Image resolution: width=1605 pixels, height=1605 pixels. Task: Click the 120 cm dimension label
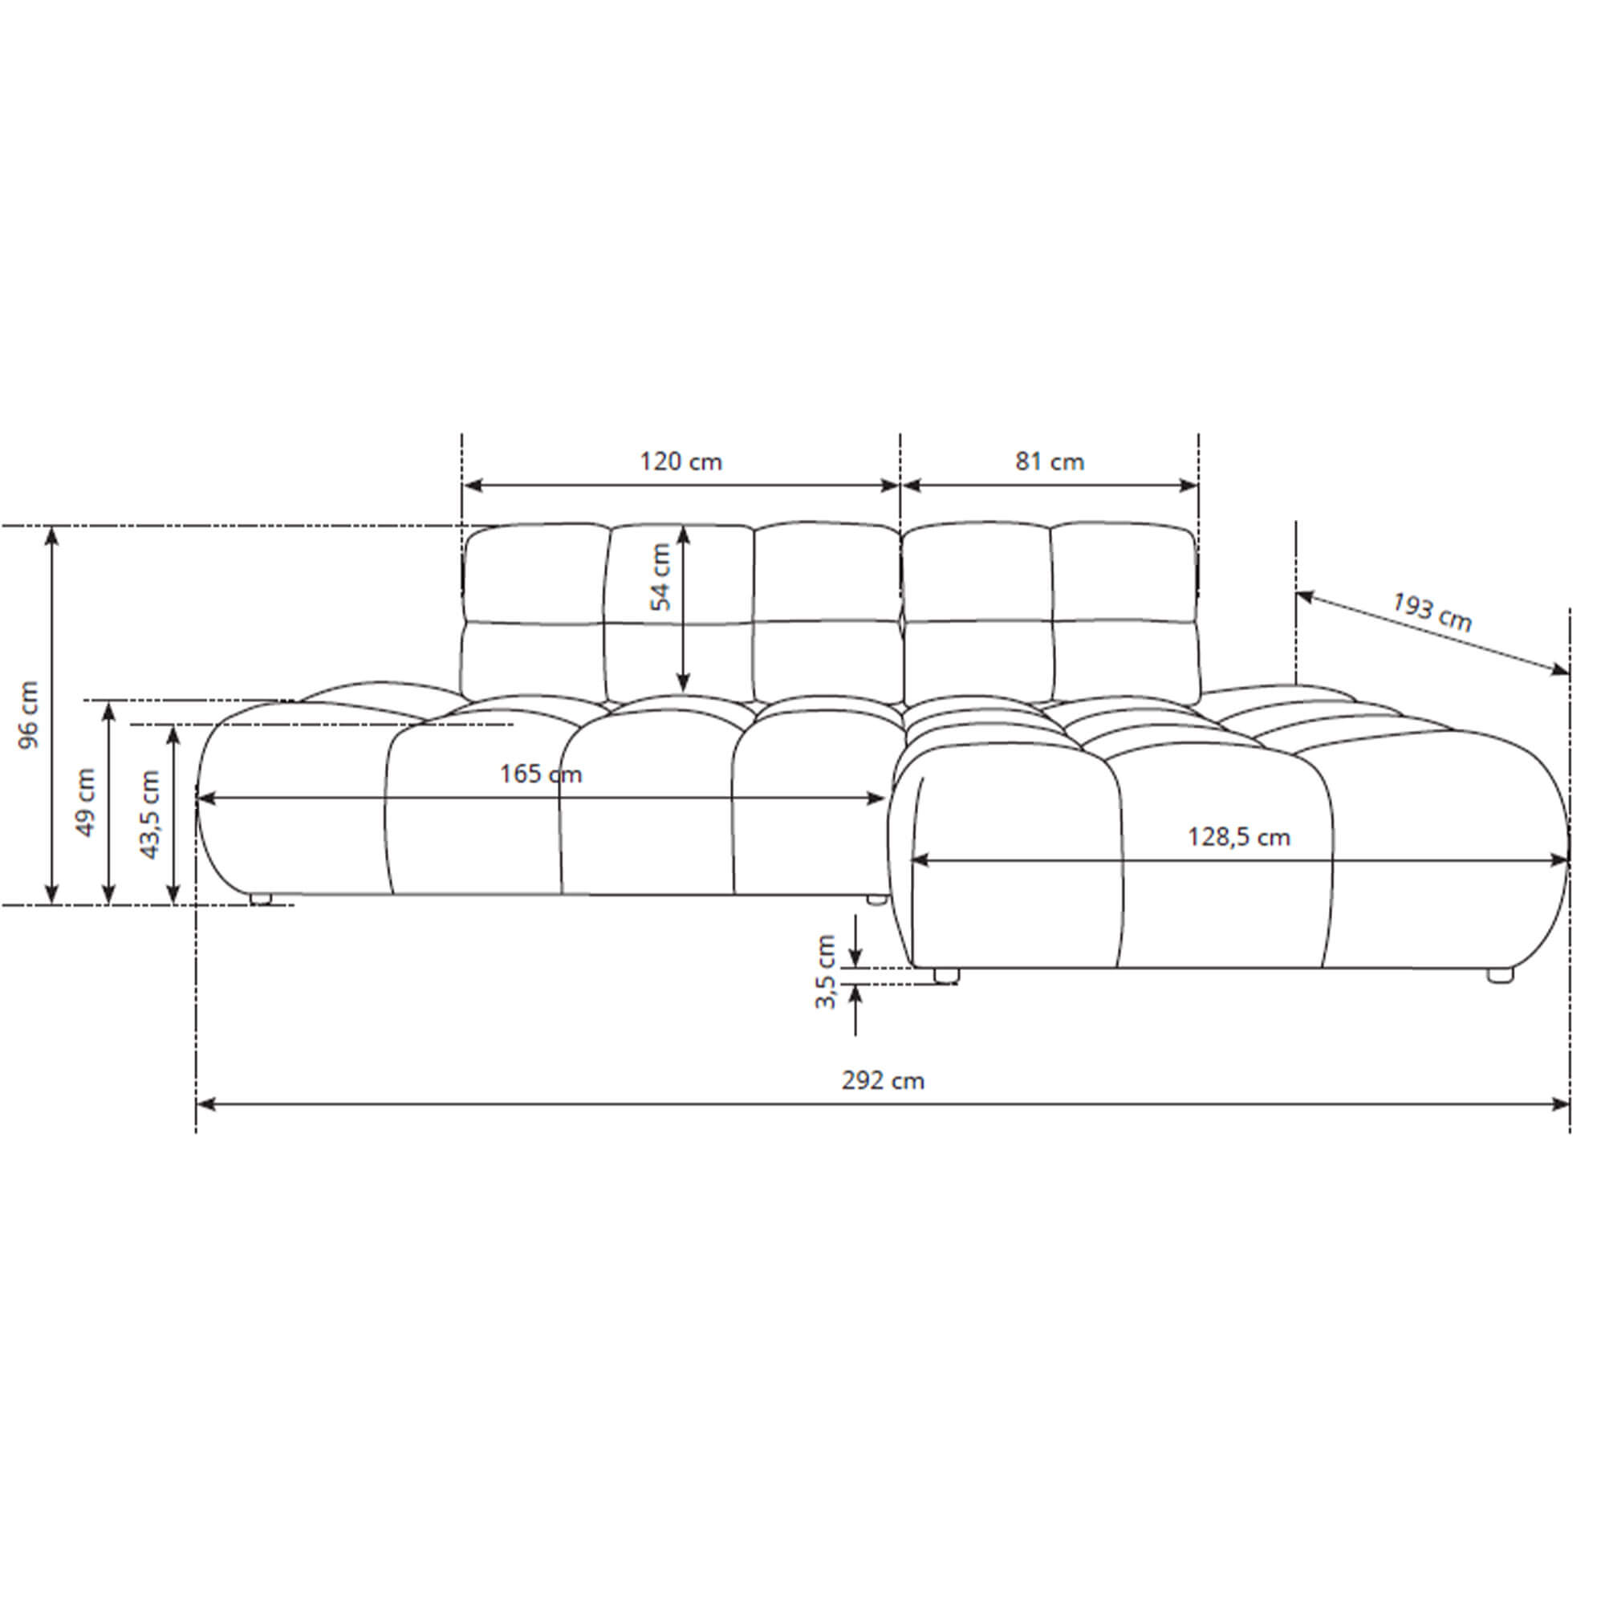(681, 461)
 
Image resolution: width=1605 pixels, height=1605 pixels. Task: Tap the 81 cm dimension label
(1049, 461)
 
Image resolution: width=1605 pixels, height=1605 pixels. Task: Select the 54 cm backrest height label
(660, 576)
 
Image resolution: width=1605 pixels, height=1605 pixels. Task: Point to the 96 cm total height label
(29, 714)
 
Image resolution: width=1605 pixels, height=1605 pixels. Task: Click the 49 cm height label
(86, 802)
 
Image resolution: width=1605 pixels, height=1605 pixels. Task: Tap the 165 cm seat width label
(541, 774)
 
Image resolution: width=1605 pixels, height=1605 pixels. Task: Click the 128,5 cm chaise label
(1238, 836)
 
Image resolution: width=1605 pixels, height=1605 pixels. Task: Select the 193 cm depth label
(1432, 612)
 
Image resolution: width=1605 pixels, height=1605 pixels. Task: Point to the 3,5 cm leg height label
(825, 971)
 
